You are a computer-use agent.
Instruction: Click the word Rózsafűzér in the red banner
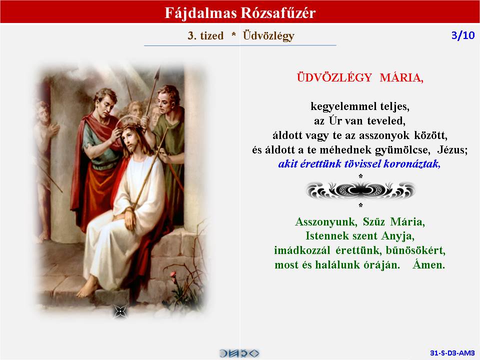coord(277,13)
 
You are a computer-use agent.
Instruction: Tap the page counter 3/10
coord(463,35)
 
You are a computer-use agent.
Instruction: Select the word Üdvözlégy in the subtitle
coord(268,36)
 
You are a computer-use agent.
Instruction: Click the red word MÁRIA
coord(401,78)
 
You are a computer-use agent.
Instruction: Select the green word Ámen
coord(428,264)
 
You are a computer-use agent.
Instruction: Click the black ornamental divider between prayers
coord(360,190)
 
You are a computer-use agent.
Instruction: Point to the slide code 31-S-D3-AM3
coord(452,353)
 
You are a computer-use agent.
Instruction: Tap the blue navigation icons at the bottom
coord(239,353)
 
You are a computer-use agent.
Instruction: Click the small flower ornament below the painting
coord(120,311)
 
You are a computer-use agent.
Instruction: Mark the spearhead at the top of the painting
coord(158,73)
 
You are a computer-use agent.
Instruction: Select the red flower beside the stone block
coord(173,274)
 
